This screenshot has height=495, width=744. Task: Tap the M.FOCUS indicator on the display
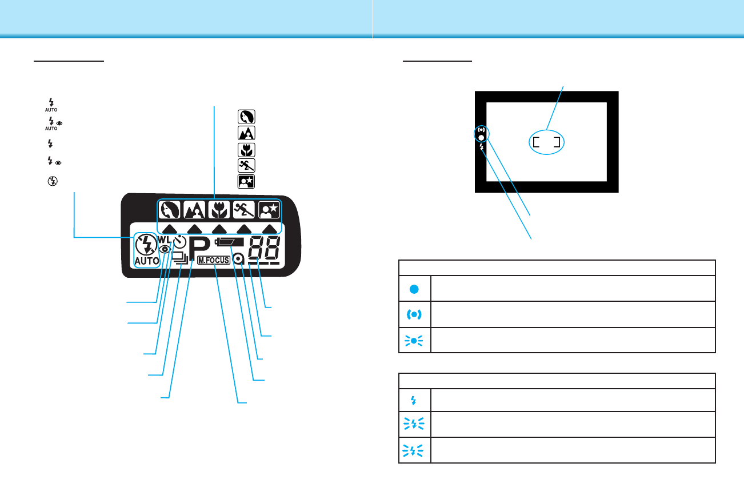214,260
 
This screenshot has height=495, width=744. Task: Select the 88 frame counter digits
263,246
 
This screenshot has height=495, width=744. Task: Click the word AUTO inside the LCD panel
147,261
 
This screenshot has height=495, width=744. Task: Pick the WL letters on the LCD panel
165,238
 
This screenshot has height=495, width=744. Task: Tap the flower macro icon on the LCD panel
219,211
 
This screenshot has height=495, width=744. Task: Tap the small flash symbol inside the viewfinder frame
482,147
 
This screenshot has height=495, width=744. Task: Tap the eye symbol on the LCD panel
165,249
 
